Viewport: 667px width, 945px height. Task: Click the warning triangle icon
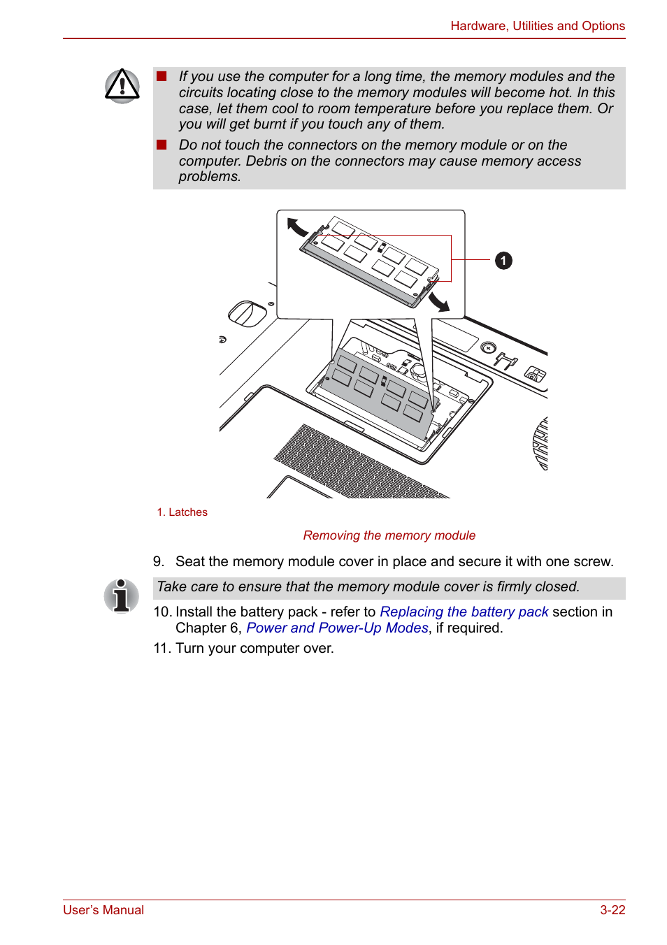[x=122, y=86]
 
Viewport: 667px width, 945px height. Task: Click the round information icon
[x=122, y=596]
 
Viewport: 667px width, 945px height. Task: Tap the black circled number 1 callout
[x=503, y=261]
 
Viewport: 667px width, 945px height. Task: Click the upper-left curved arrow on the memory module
[x=297, y=226]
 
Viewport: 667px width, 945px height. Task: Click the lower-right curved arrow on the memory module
[x=439, y=302]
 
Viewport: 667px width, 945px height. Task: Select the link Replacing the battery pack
[x=464, y=612]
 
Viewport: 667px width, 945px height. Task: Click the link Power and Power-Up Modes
[x=337, y=628]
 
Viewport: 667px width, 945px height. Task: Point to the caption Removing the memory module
[x=389, y=535]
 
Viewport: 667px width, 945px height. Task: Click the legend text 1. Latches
[x=182, y=512]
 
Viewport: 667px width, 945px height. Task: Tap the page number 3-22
[x=612, y=910]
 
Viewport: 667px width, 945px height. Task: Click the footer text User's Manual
[x=103, y=910]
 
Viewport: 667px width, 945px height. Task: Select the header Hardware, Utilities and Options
[x=537, y=26]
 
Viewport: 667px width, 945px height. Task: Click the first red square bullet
[x=162, y=76]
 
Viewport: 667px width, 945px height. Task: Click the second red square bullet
[x=162, y=145]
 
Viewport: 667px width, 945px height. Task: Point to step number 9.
[x=159, y=562]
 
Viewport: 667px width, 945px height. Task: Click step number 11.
[x=161, y=649]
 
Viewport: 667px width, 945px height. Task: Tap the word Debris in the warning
[x=266, y=161]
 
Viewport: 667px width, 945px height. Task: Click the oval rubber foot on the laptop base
[x=248, y=314]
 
